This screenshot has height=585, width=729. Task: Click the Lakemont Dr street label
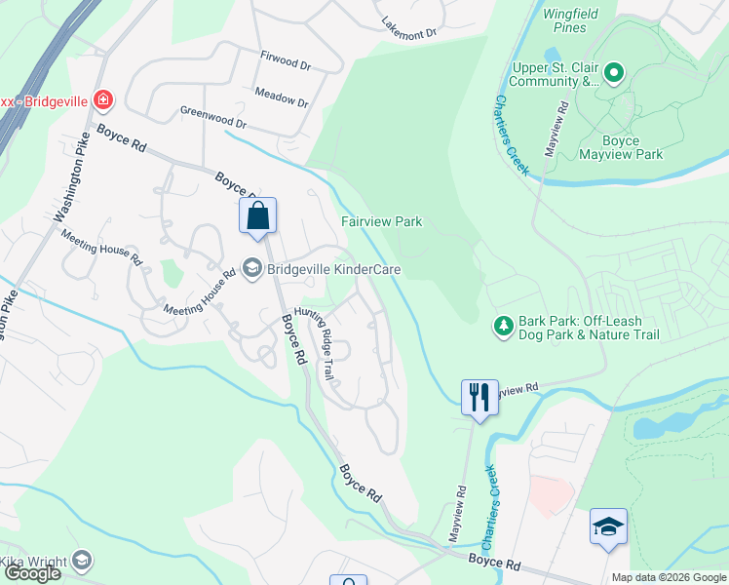pyautogui.click(x=408, y=29)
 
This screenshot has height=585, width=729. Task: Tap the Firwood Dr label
pyautogui.click(x=286, y=61)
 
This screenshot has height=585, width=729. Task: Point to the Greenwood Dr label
pyautogui.click(x=213, y=118)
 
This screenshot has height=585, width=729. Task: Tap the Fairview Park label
pyautogui.click(x=381, y=221)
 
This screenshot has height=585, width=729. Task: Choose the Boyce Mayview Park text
pyautogui.click(x=620, y=146)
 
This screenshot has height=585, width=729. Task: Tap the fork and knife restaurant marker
pyautogui.click(x=479, y=397)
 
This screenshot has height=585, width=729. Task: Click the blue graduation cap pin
pyautogui.click(x=608, y=527)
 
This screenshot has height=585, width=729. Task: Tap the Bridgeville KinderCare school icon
pyautogui.click(x=251, y=269)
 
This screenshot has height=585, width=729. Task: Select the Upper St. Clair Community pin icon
pyautogui.click(x=613, y=73)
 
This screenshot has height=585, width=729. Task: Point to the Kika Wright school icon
pyautogui.click(x=82, y=561)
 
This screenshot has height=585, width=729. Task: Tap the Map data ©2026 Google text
pyautogui.click(x=668, y=577)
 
